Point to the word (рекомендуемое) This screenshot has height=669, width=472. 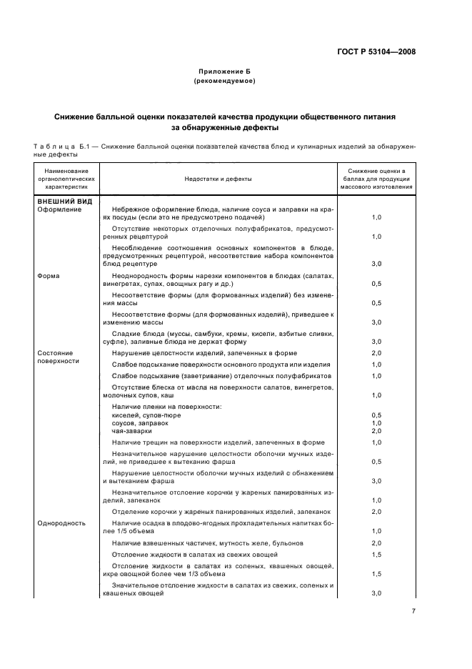point(224,81)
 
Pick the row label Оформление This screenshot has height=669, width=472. point(59,210)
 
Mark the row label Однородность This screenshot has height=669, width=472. point(61,523)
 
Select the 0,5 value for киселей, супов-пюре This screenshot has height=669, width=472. point(376,415)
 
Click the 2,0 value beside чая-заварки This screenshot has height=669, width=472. point(376,431)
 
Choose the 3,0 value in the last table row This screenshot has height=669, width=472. point(376,594)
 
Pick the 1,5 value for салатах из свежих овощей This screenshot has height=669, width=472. point(376,555)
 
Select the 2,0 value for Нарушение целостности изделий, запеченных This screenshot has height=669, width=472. point(376,353)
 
